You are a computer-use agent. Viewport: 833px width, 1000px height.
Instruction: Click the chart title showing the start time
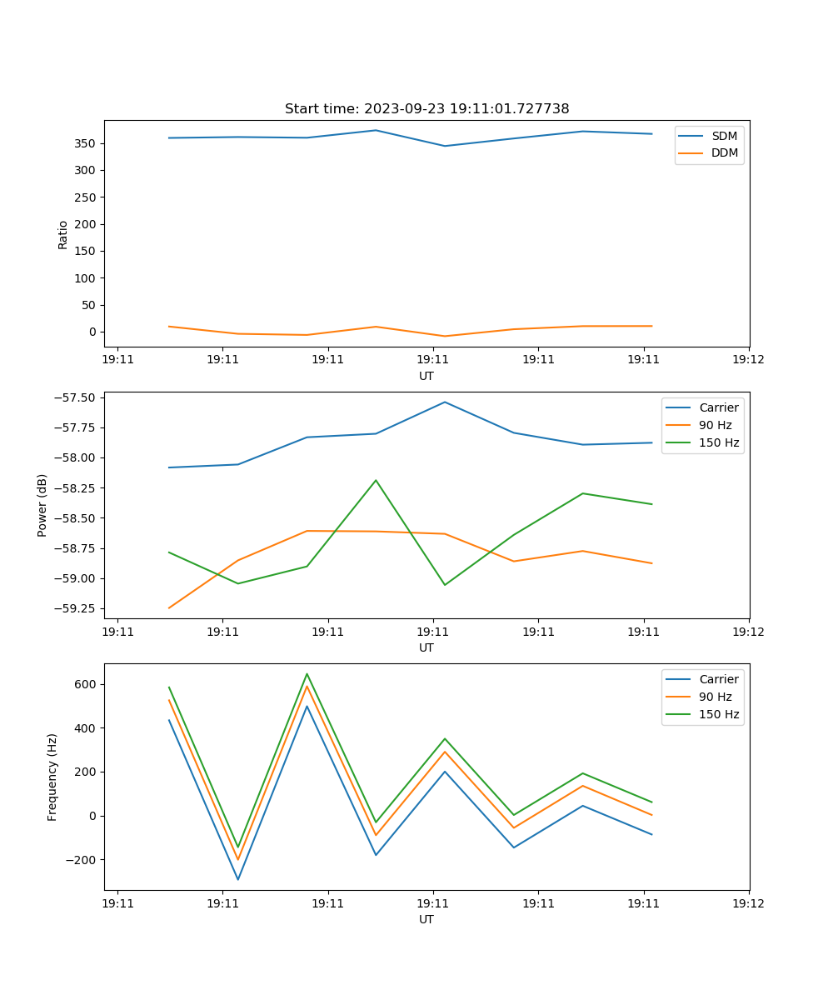pyautogui.click(x=426, y=109)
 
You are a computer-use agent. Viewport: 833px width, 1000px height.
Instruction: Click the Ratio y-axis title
pyautogui.click(x=63, y=234)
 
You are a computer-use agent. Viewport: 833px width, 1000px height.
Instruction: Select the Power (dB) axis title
pyautogui.click(x=42, y=505)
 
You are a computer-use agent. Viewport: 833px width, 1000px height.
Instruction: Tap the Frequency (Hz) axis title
pyautogui.click(x=52, y=777)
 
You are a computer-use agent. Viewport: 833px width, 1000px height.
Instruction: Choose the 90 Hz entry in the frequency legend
pyautogui.click(x=716, y=697)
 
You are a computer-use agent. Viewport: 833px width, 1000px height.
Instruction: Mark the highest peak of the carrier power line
pyautogui.click(x=444, y=402)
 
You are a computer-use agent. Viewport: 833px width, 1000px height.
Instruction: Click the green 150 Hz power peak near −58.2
pyautogui.click(x=376, y=480)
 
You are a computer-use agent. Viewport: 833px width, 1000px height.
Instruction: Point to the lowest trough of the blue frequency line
pyautogui.click(x=238, y=879)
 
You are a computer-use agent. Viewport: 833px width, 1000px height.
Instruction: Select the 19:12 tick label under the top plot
pyautogui.click(x=748, y=360)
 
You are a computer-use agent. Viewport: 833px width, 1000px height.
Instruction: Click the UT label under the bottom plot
pyautogui.click(x=426, y=919)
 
